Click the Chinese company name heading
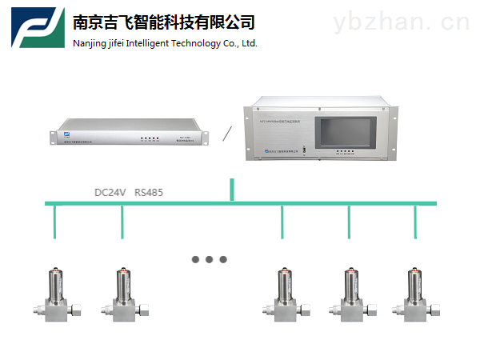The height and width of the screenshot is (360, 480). pyautogui.click(x=163, y=22)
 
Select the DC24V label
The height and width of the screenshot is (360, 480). pyautogui.click(x=110, y=193)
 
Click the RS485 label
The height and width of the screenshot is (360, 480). pyautogui.click(x=150, y=193)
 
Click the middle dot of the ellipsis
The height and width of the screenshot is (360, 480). pyautogui.click(x=210, y=259)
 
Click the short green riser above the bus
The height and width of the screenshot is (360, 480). pyautogui.click(x=232, y=190)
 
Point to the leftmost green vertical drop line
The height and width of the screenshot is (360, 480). pyautogui.click(x=54, y=222)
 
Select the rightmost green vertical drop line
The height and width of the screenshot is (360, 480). pyautogui.click(x=415, y=222)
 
